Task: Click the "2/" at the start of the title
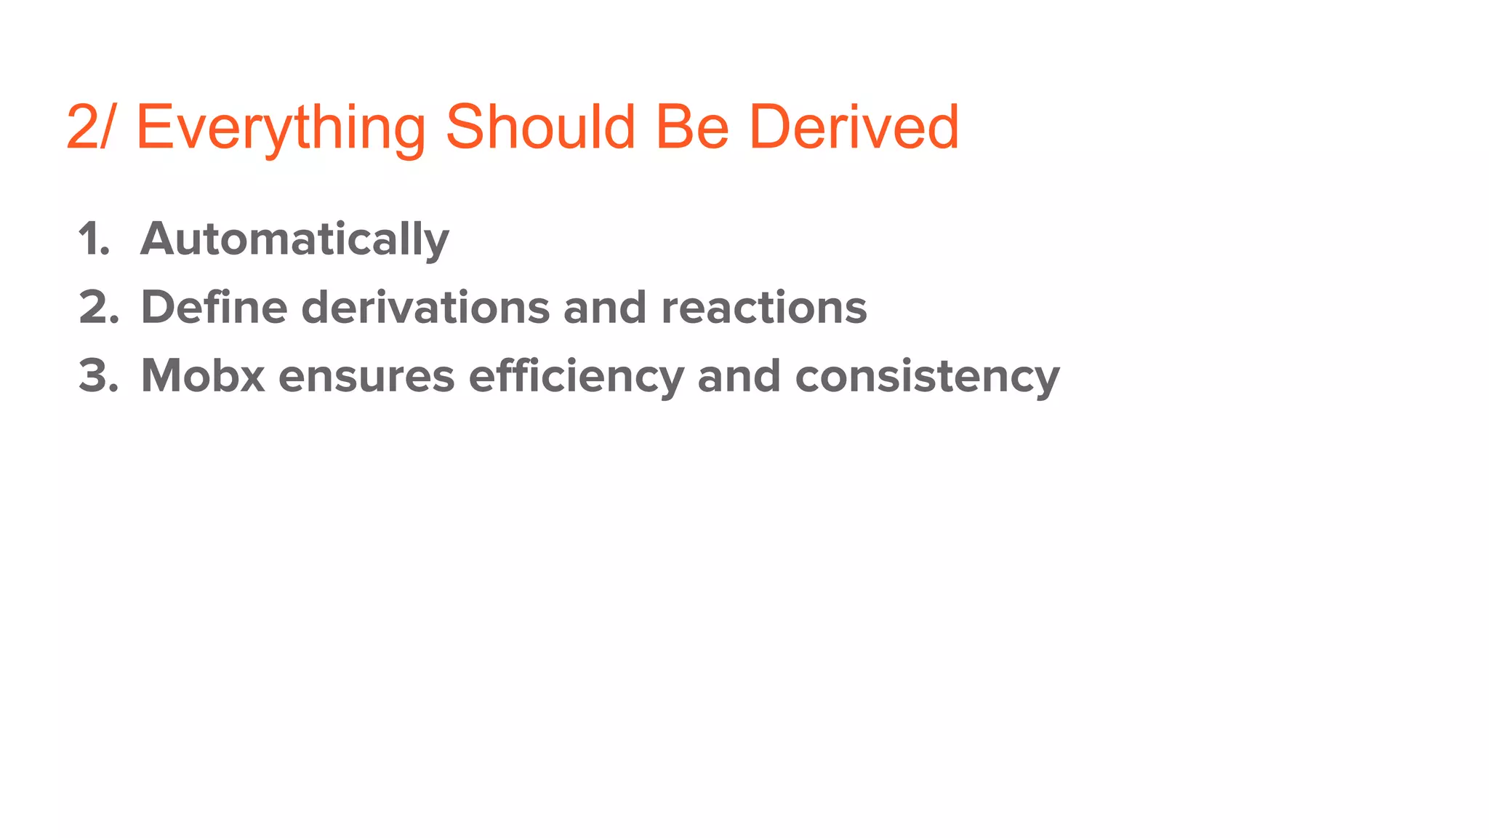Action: (89, 127)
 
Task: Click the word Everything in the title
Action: (281, 128)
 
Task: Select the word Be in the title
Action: (692, 127)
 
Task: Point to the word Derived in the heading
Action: (854, 127)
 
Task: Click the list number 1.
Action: (94, 239)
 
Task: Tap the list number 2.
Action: (98, 307)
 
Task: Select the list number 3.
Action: (98, 376)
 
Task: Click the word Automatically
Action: (294, 240)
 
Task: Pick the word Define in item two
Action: (214, 307)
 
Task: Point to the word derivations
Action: (425, 307)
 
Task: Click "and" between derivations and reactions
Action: (604, 307)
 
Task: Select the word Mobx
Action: (202, 376)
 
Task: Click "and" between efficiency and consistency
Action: (739, 376)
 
